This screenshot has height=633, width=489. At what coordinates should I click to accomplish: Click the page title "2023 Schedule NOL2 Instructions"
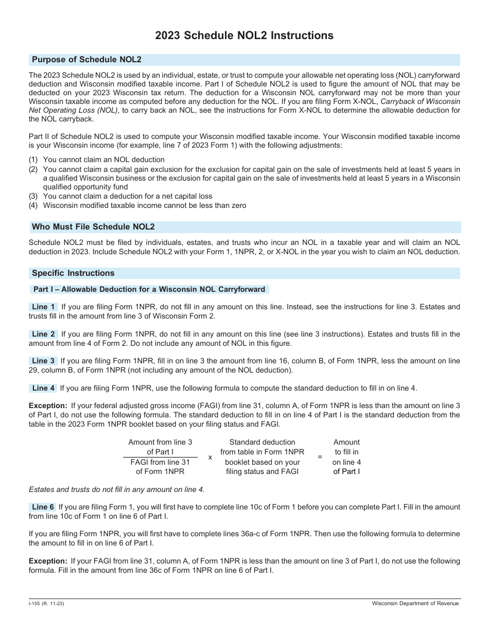pyautogui.click(x=244, y=36)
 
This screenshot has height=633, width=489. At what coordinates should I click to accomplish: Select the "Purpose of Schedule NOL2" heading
pyautogui.click(x=86, y=60)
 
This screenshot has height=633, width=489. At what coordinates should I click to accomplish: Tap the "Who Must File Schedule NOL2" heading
pyautogui.click(x=93, y=226)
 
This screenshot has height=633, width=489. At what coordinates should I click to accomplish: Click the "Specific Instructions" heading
pyautogui.click(x=73, y=273)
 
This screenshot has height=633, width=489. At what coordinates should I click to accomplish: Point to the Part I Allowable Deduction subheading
pyautogui.click(x=149, y=289)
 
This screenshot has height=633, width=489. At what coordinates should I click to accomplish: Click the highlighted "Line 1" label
pyautogui.click(x=44, y=307)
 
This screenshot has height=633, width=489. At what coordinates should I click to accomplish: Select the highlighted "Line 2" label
pyautogui.click(x=44, y=334)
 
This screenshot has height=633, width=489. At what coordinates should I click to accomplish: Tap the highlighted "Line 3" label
pyautogui.click(x=44, y=361)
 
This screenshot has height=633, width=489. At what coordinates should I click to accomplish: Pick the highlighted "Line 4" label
pyautogui.click(x=44, y=388)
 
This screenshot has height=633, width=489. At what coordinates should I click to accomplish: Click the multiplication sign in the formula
pyautogui.click(x=210, y=456)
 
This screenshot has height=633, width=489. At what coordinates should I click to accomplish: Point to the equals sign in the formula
pyautogui.click(x=320, y=456)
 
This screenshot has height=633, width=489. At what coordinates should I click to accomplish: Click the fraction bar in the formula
pyautogui.click(x=160, y=457)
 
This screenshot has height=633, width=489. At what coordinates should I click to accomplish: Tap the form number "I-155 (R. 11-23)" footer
pyautogui.click(x=47, y=604)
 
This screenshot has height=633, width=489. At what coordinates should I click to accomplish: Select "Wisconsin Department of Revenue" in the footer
pyautogui.click(x=416, y=604)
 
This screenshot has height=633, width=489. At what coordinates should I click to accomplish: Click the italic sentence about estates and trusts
pyautogui.click(x=117, y=489)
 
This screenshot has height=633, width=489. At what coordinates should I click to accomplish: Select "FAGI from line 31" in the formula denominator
pyautogui.click(x=160, y=462)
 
